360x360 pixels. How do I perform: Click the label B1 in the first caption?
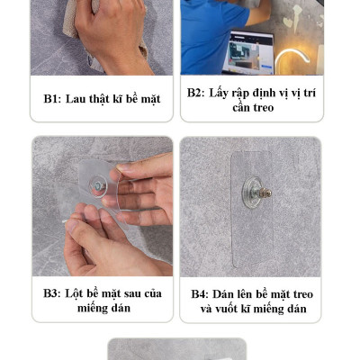[52, 99]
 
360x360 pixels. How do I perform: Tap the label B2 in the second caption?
[195, 93]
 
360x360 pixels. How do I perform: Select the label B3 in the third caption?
[52, 293]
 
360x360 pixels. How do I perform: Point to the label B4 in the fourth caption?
[200, 294]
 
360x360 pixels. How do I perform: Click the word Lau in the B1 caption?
[76, 99]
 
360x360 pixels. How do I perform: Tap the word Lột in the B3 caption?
[74, 293]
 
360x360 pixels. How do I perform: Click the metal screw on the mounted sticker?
[265, 193]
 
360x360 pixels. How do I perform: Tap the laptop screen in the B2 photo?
[248, 52]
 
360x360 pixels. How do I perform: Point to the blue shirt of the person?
[210, 36]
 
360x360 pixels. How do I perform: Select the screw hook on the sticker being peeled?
[100, 187]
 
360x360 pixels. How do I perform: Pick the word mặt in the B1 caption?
[150, 99]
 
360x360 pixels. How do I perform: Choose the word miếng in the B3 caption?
[91, 309]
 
